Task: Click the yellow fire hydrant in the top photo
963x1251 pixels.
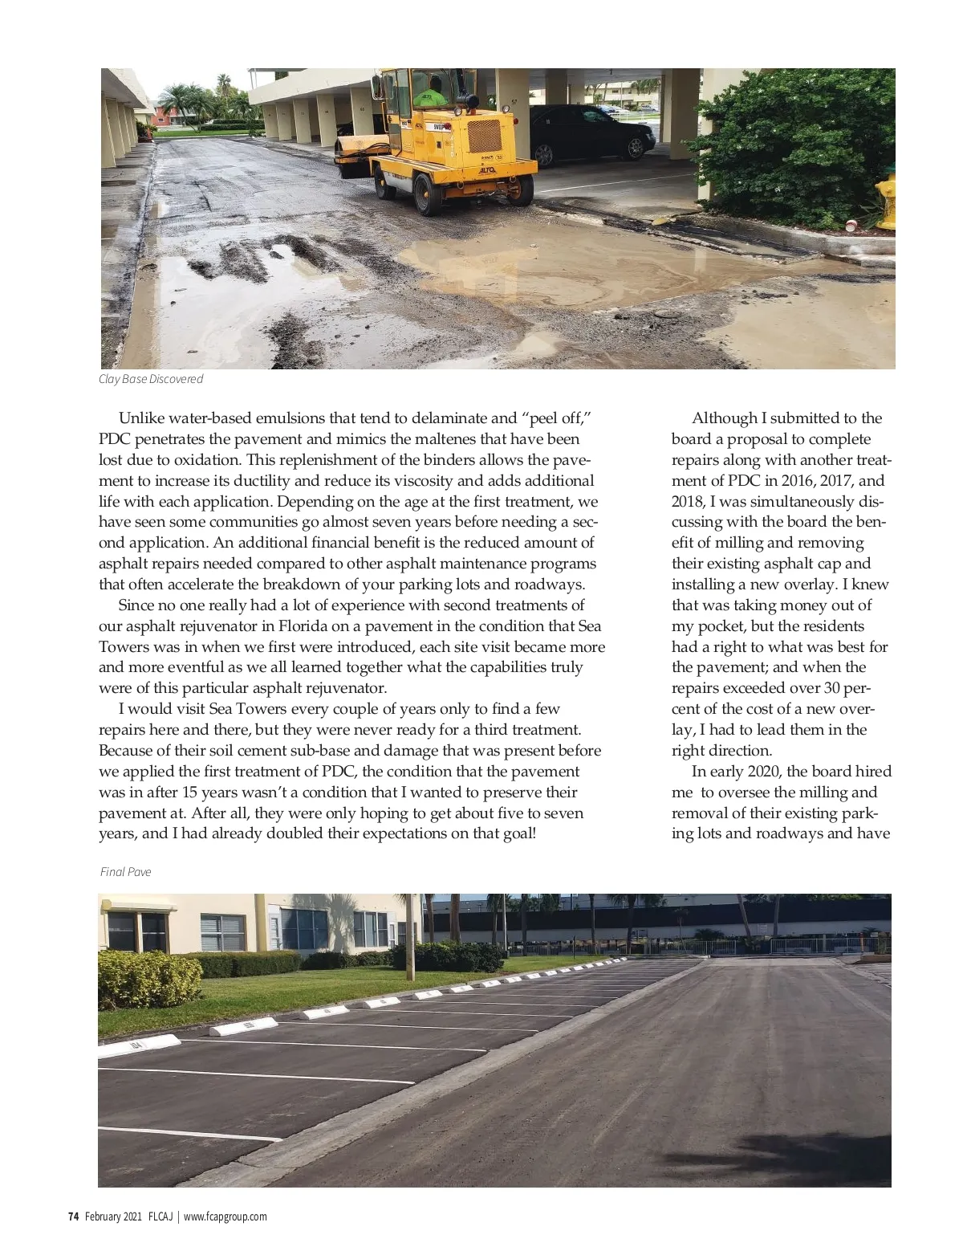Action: tap(887, 204)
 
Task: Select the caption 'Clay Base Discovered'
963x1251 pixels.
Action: tap(151, 379)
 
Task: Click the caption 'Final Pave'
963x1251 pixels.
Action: tap(126, 872)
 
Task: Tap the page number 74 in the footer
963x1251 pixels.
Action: tap(73, 1216)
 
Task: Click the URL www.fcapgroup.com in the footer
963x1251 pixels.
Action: tap(226, 1216)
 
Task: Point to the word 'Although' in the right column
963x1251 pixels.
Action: tap(723, 418)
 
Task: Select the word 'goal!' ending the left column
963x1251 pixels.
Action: tap(514, 833)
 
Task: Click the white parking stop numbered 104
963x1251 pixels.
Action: tap(141, 1043)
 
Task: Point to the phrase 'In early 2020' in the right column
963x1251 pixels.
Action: tap(736, 772)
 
